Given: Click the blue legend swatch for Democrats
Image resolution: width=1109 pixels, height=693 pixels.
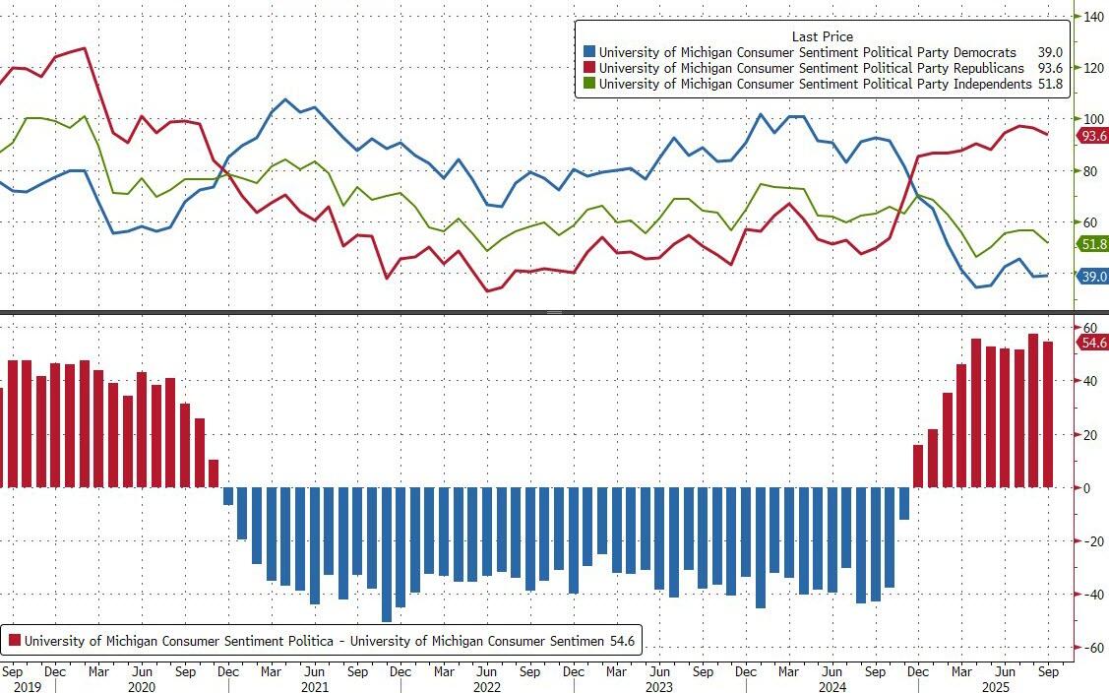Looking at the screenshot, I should [x=589, y=52].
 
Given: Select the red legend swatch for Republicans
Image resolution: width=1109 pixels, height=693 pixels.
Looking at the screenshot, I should [x=589, y=69].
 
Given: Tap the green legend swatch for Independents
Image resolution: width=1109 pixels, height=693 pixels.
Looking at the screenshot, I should [x=589, y=85].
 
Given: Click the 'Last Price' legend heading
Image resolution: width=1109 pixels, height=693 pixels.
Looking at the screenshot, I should [x=822, y=36].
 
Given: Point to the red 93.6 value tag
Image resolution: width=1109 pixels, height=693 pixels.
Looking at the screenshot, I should [x=1092, y=137].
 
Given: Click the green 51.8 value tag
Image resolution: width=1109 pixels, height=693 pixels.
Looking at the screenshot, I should [x=1092, y=245].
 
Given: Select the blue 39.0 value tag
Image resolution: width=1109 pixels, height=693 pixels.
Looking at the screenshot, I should [x=1092, y=278].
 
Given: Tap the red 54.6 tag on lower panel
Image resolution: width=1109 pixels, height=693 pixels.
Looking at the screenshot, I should [x=1092, y=342].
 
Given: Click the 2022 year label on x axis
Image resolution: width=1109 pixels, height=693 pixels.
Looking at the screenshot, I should [x=487, y=686].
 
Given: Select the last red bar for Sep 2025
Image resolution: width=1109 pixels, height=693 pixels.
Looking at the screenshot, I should [x=1048, y=414].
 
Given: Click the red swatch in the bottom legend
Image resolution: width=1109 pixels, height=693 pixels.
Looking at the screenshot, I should [x=15, y=641].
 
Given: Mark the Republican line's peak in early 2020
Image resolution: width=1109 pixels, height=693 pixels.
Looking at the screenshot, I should [x=85, y=48].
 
